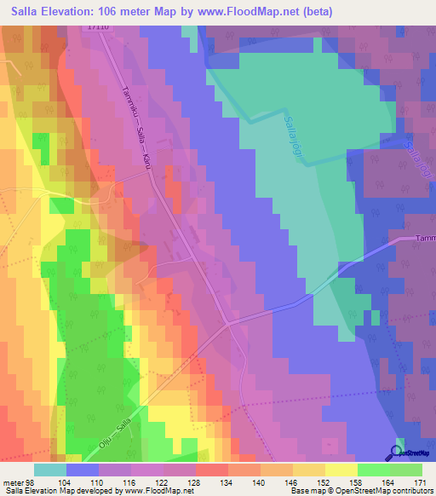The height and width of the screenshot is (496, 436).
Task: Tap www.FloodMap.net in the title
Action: [x=258, y=11]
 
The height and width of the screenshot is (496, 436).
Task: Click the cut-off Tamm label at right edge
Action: [x=425, y=239]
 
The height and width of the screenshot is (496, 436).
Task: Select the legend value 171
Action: [x=421, y=482]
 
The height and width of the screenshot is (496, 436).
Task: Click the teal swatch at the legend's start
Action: [x=50, y=469]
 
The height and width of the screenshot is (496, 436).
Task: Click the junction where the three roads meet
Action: [x=227, y=323]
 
